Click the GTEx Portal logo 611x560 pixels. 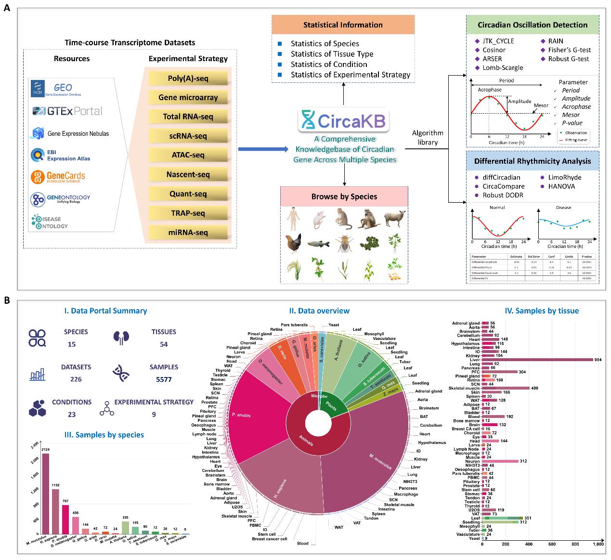pyautogui.click(x=67, y=111)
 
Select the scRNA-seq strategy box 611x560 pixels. pyautogui.click(x=188, y=136)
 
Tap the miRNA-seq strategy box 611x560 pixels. pyautogui.click(x=188, y=233)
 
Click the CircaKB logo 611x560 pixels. pyautogui.click(x=343, y=120)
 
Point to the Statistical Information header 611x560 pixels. pyautogui.click(x=343, y=25)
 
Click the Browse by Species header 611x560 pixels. pyautogui.click(x=344, y=196)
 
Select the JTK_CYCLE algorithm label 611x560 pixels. pyautogui.click(x=498, y=41)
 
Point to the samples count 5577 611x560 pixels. pyautogui.click(x=164, y=379)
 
